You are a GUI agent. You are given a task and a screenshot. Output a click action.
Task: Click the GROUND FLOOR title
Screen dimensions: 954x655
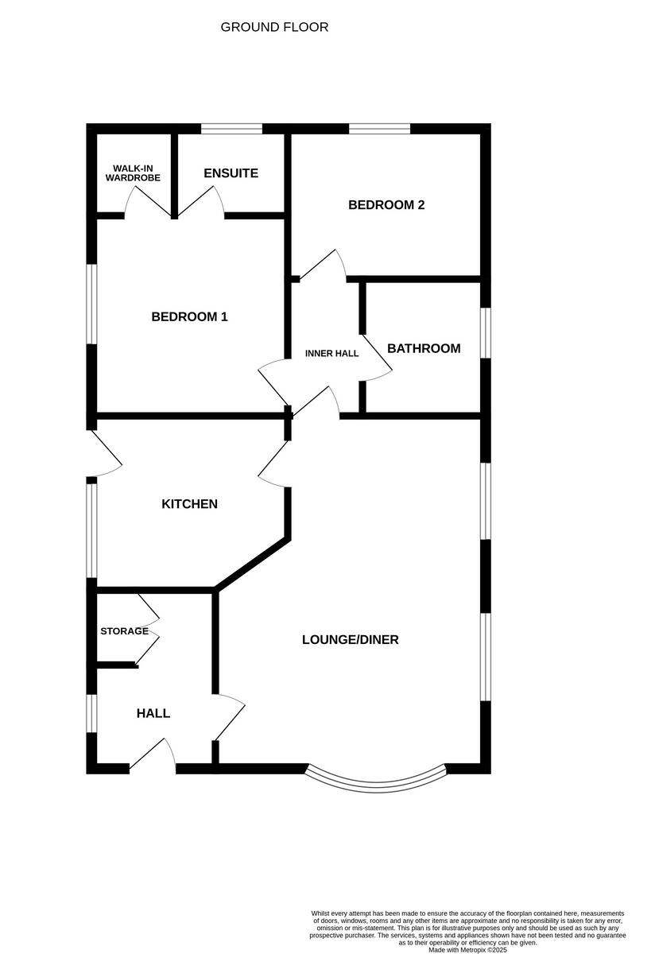274,28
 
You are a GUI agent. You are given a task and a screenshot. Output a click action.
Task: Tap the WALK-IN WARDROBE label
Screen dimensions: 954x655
133,173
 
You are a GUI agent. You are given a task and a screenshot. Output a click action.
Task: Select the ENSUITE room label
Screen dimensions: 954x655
231,173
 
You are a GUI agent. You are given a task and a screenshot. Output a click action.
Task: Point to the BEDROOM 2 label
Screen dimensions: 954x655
386,205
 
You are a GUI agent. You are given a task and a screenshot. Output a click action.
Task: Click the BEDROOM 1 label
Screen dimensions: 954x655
189,316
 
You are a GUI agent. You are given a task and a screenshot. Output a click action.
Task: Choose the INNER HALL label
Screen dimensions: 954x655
332,353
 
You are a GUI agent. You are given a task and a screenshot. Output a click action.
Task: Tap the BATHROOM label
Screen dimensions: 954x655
424,348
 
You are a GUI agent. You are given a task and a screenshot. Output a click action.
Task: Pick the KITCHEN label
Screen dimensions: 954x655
189,504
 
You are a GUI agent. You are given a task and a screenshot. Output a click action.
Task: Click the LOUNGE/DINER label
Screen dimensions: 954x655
350,639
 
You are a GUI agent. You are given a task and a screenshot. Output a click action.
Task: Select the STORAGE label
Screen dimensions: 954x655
124,631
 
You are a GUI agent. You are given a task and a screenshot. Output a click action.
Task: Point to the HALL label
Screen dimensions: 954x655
153,713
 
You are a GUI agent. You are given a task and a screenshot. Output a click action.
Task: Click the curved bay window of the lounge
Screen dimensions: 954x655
376,783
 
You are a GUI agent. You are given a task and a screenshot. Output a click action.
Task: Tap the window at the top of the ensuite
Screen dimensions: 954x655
231,128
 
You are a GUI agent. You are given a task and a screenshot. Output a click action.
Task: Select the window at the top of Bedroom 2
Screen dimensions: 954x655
379,128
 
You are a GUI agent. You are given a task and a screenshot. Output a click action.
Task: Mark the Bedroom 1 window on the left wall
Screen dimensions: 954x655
92,304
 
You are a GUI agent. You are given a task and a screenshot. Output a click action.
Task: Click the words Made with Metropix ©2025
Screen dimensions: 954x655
467,949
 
